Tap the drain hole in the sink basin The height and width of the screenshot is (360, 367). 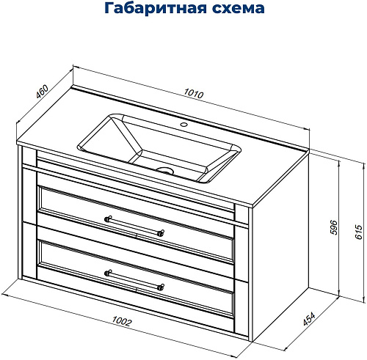167,169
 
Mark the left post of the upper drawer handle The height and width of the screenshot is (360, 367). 109,218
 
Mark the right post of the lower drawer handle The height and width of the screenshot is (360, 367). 161,286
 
